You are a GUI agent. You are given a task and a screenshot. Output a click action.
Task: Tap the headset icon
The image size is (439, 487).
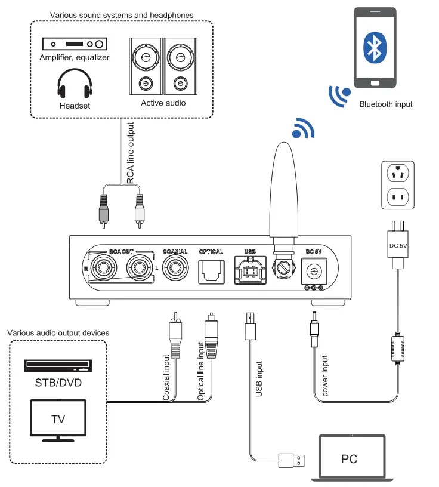pos(75,85)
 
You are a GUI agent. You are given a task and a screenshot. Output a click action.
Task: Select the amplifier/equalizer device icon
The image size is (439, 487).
pos(74,44)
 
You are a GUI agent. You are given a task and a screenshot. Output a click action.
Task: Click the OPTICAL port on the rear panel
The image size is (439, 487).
pos(210,270)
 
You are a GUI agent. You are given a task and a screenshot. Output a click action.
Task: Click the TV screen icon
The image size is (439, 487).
pos(58,419)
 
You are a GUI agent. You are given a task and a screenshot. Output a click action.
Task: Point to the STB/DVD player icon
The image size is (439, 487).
pos(58,365)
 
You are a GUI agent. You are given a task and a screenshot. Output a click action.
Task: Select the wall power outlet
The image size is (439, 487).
pos(398,184)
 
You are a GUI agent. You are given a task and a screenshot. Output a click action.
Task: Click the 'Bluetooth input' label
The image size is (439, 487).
pos(386,104)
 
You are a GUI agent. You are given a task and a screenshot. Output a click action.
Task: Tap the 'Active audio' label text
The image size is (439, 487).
pos(163,103)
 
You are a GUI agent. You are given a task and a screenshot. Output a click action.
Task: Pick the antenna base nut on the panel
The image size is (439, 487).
pos(282,267)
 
